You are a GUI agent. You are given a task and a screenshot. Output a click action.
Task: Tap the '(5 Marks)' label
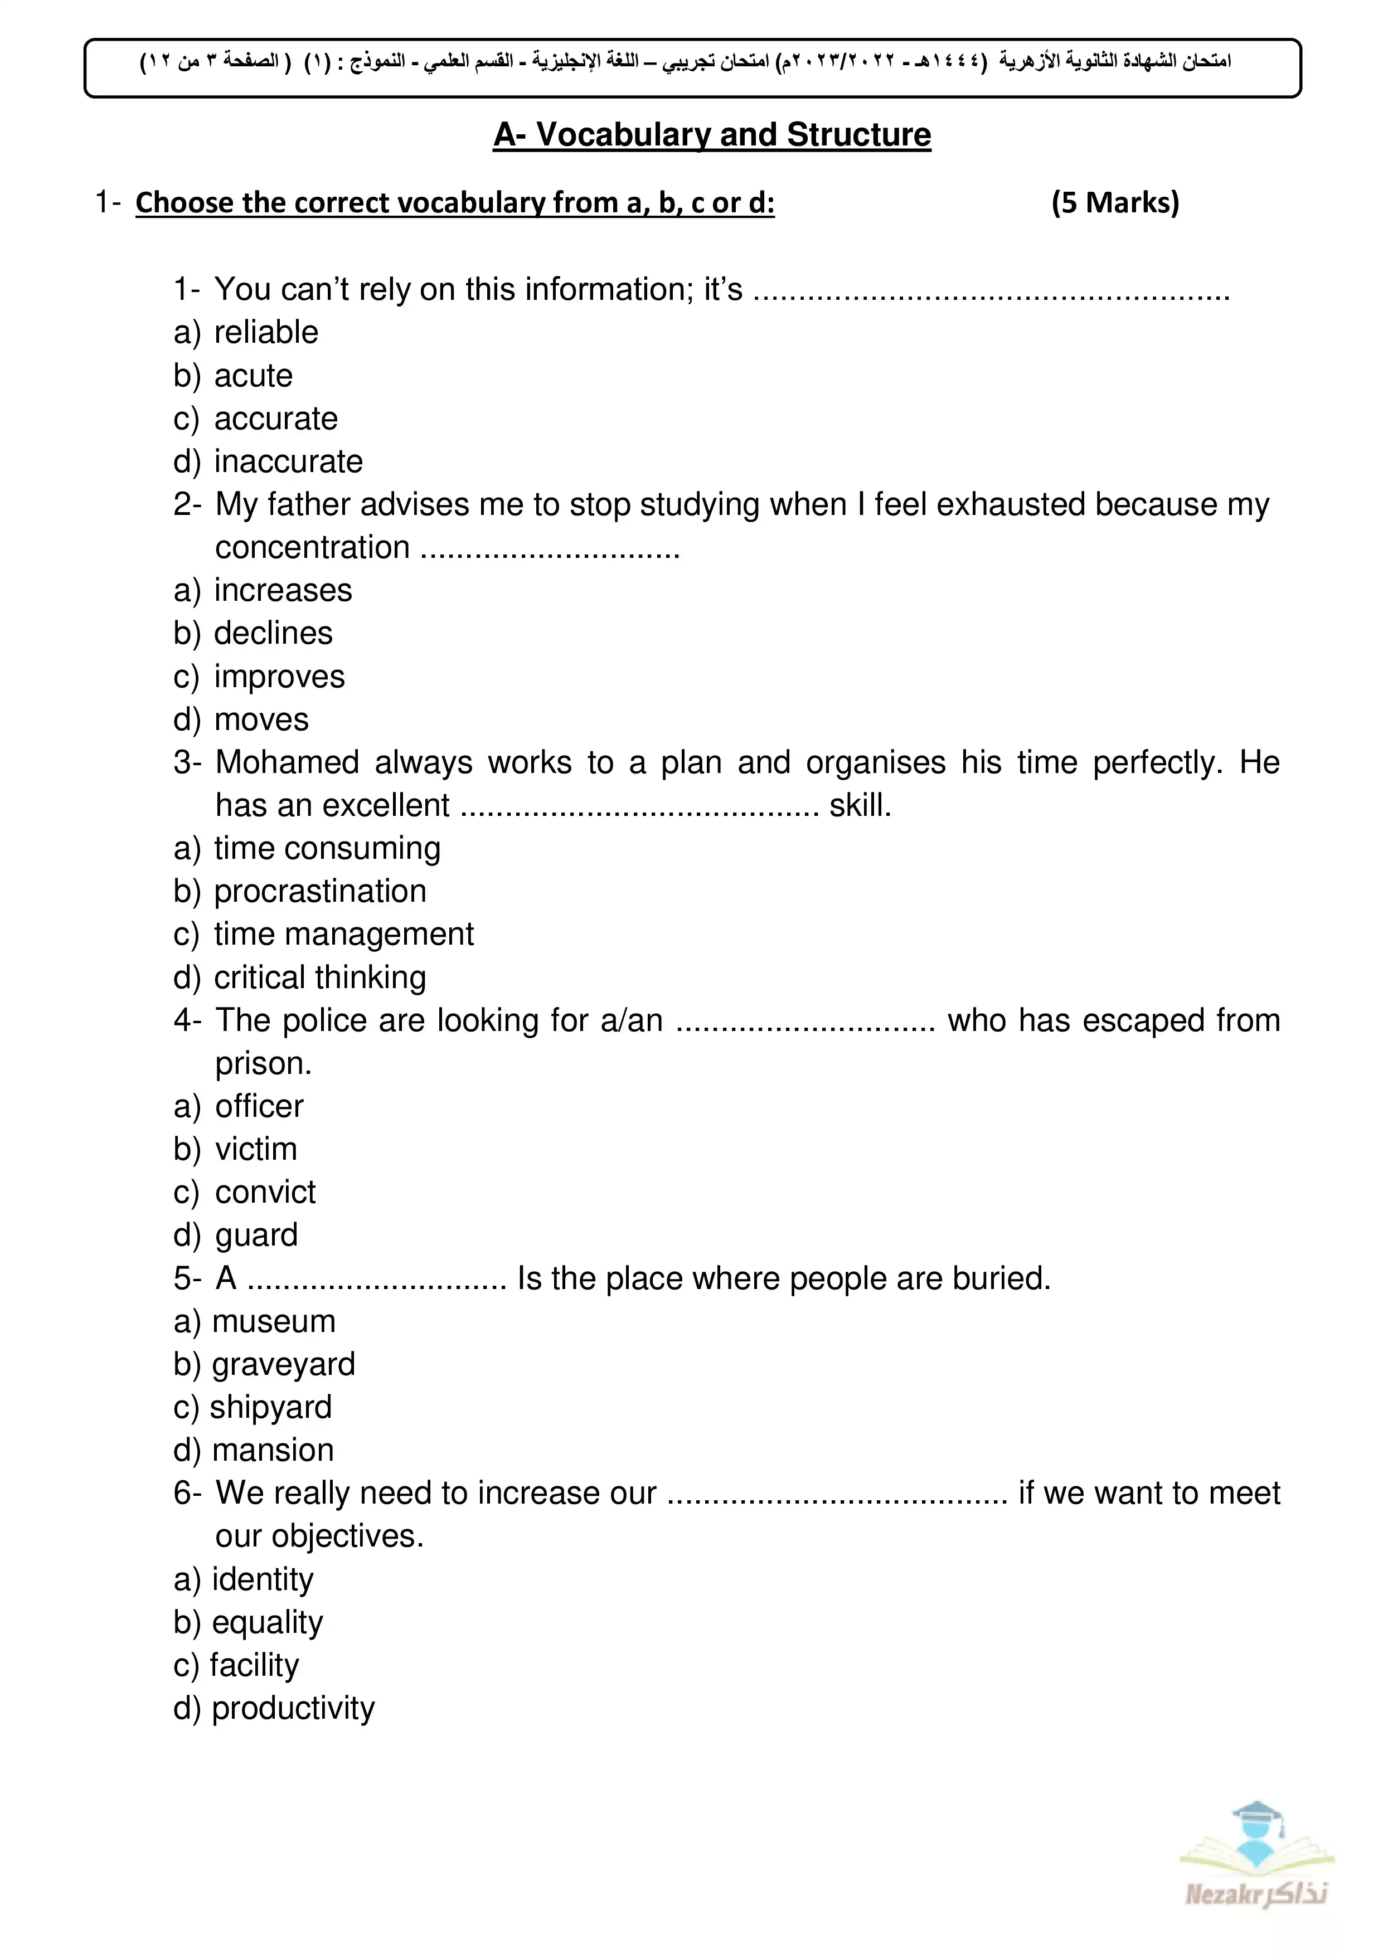(1115, 203)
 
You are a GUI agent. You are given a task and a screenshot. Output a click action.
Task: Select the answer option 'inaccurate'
(288, 461)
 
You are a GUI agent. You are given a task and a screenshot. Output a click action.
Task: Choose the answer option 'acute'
(253, 376)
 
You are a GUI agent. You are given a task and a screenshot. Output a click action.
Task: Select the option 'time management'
(343, 934)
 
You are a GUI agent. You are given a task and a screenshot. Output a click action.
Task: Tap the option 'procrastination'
(319, 892)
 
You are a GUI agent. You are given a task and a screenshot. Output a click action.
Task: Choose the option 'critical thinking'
(319, 977)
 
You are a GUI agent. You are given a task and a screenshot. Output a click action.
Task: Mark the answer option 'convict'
(265, 1192)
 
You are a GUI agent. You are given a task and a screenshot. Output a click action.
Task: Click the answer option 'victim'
(255, 1150)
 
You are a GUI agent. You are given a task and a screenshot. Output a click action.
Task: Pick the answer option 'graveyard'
(283, 1365)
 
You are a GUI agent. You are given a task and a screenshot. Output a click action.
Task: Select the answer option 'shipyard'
(270, 1408)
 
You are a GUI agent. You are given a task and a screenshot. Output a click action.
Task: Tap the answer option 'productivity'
(293, 1708)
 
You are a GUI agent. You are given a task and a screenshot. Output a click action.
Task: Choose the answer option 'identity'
(263, 1579)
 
